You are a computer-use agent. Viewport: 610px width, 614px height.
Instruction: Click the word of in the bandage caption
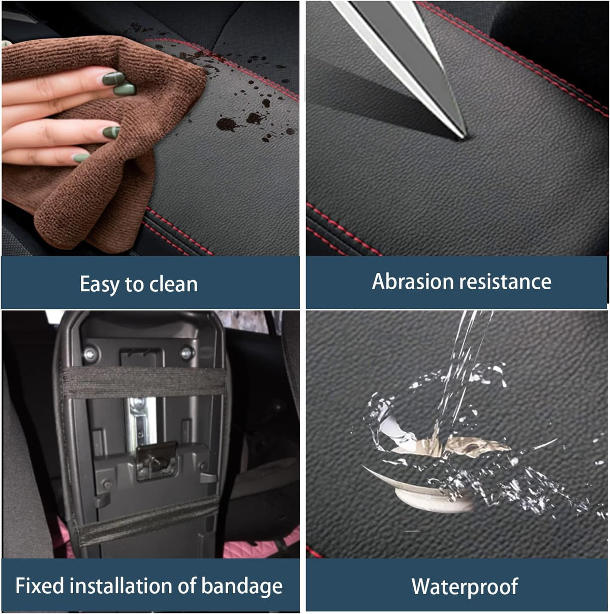tap(187, 586)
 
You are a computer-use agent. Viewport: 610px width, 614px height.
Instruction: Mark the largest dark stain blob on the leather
tap(227, 124)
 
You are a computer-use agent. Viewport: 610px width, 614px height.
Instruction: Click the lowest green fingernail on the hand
tap(82, 158)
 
